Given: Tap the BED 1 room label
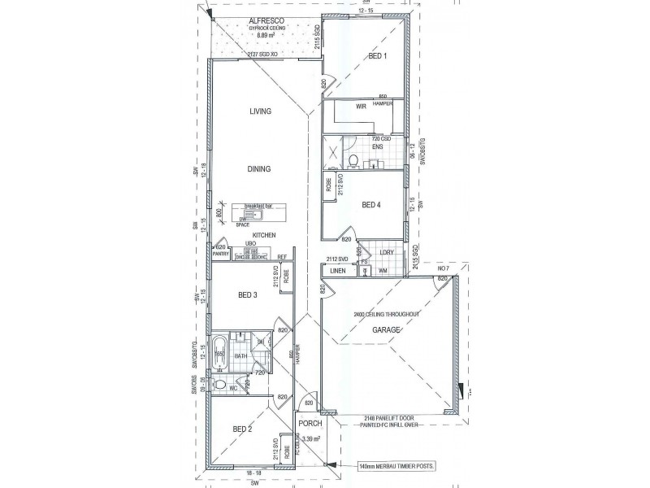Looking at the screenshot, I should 378,56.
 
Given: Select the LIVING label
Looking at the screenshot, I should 260,111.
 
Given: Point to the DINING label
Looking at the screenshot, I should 260,168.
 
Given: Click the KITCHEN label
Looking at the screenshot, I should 264,235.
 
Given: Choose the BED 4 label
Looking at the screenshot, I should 370,204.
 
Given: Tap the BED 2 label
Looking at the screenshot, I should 243,429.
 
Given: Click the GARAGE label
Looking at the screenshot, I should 387,330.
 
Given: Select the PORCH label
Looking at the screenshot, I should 310,425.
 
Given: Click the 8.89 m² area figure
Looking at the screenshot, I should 266,36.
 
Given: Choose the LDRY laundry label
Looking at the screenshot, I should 387,252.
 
